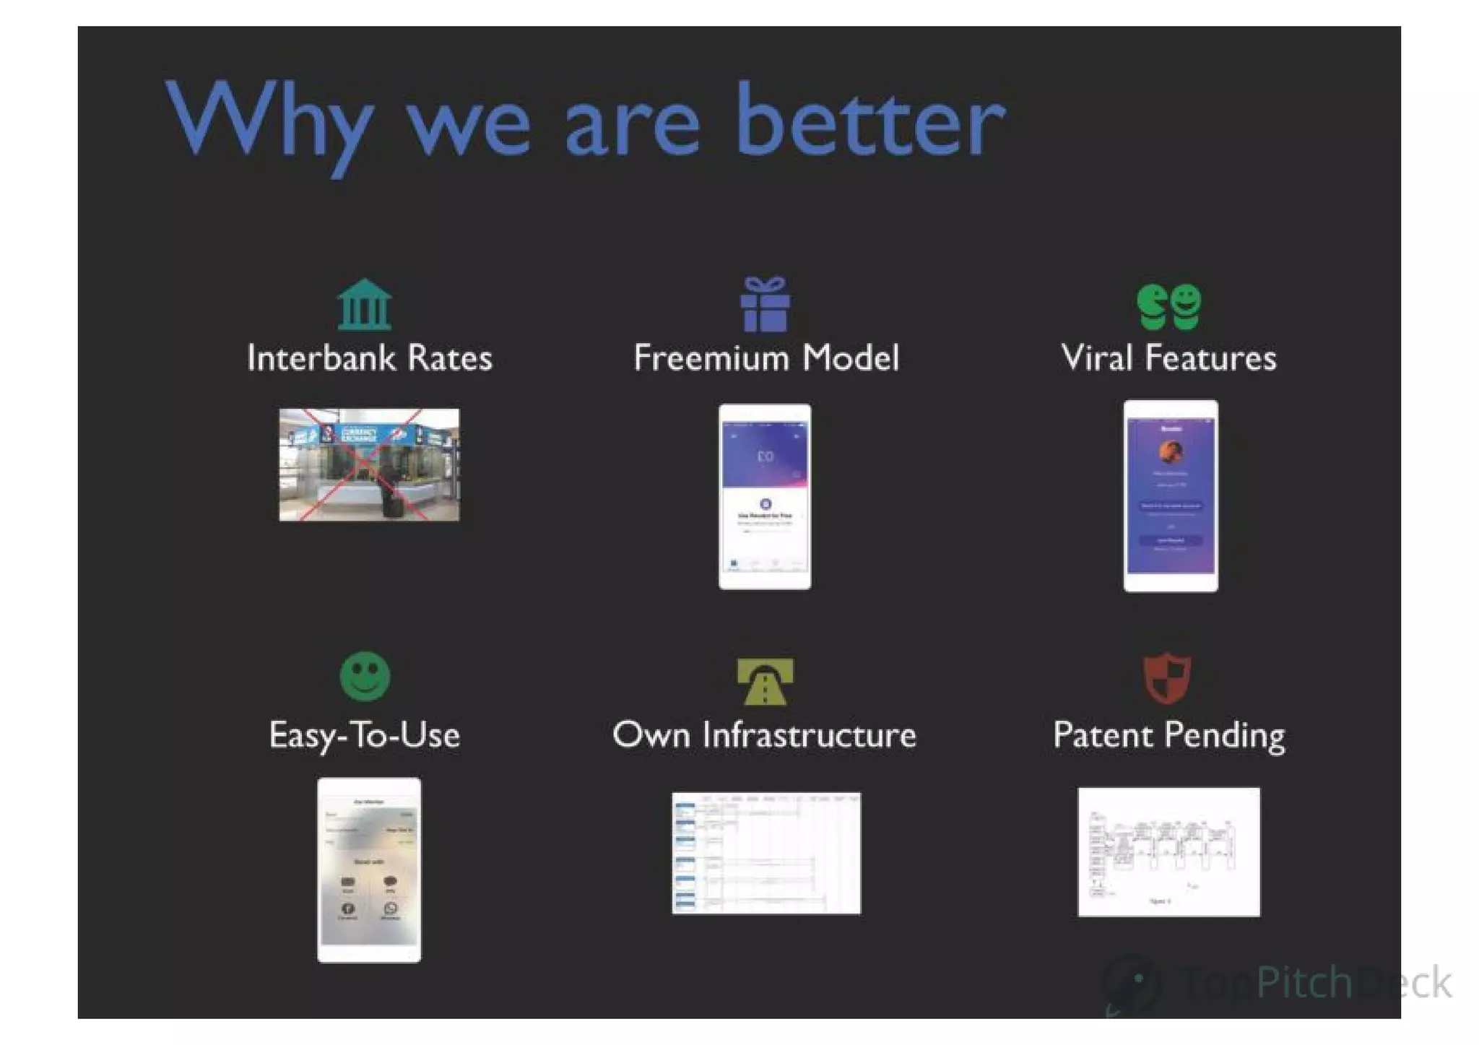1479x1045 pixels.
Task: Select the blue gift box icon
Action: coord(765,304)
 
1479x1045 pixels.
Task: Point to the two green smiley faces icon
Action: coord(1169,306)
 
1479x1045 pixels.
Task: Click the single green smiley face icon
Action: coord(365,677)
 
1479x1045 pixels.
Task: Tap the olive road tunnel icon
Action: coord(765,680)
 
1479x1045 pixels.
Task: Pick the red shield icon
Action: coord(1167,678)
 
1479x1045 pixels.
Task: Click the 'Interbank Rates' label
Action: coord(370,358)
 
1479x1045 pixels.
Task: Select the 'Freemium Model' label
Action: coord(766,358)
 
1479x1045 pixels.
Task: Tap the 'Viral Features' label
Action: coord(1168,358)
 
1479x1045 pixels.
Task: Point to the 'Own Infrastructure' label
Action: coord(764,735)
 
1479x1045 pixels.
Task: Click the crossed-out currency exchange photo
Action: coord(369,464)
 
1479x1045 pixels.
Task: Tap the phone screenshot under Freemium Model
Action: coord(765,496)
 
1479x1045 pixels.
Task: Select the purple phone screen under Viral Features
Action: coord(1171,496)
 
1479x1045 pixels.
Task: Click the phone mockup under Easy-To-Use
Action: coord(369,870)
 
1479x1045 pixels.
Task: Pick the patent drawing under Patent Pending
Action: coord(1168,852)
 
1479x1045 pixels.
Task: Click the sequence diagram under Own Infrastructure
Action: coord(766,853)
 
